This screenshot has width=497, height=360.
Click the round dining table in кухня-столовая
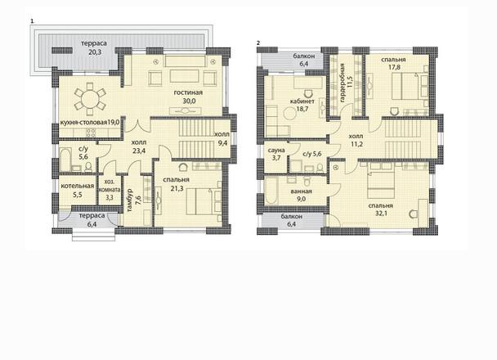[x=90, y=100]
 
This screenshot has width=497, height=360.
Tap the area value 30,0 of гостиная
[x=189, y=101]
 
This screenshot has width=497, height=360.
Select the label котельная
[x=78, y=186]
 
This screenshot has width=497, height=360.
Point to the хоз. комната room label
[x=110, y=186]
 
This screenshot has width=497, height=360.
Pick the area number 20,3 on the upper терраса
[x=95, y=52]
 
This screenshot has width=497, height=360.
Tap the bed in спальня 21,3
[x=204, y=200]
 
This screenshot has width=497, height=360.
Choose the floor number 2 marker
[x=258, y=43]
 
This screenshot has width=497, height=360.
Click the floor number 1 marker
[x=32, y=21]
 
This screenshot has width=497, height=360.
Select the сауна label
[x=276, y=150]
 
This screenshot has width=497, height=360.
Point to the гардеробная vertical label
[x=343, y=83]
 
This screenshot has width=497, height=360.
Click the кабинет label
[x=302, y=101]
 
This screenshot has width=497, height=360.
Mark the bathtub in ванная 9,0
[x=271, y=191]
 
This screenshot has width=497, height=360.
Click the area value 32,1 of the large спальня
[x=381, y=214]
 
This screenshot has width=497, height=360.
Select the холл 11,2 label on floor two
[x=356, y=140]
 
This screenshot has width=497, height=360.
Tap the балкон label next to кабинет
[x=303, y=56]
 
